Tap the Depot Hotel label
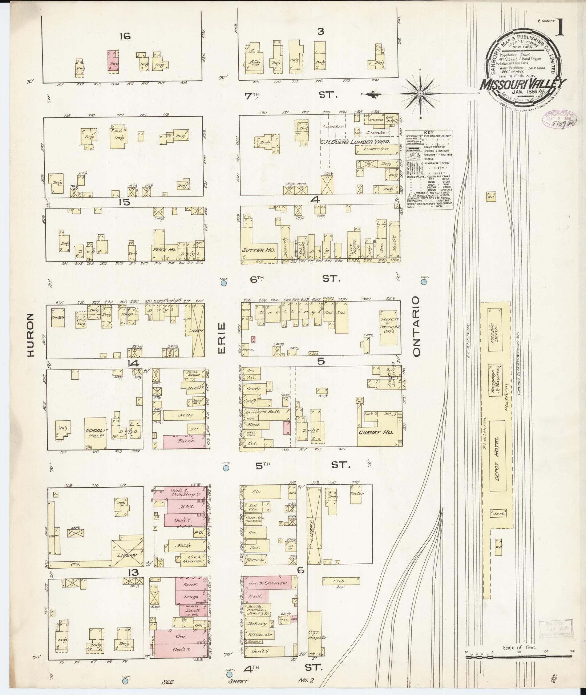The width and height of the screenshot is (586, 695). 497,459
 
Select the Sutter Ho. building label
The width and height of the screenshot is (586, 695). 258,250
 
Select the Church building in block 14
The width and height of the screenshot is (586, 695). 58,318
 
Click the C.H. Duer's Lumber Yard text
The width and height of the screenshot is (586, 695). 355,142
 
